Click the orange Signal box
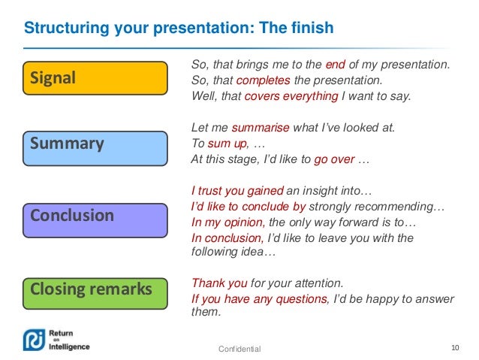(x=94, y=78)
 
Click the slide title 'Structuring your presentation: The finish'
(x=179, y=29)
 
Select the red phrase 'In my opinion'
(x=227, y=223)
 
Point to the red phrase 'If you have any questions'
(x=259, y=299)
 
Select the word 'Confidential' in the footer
(x=239, y=349)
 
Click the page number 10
(x=454, y=347)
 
